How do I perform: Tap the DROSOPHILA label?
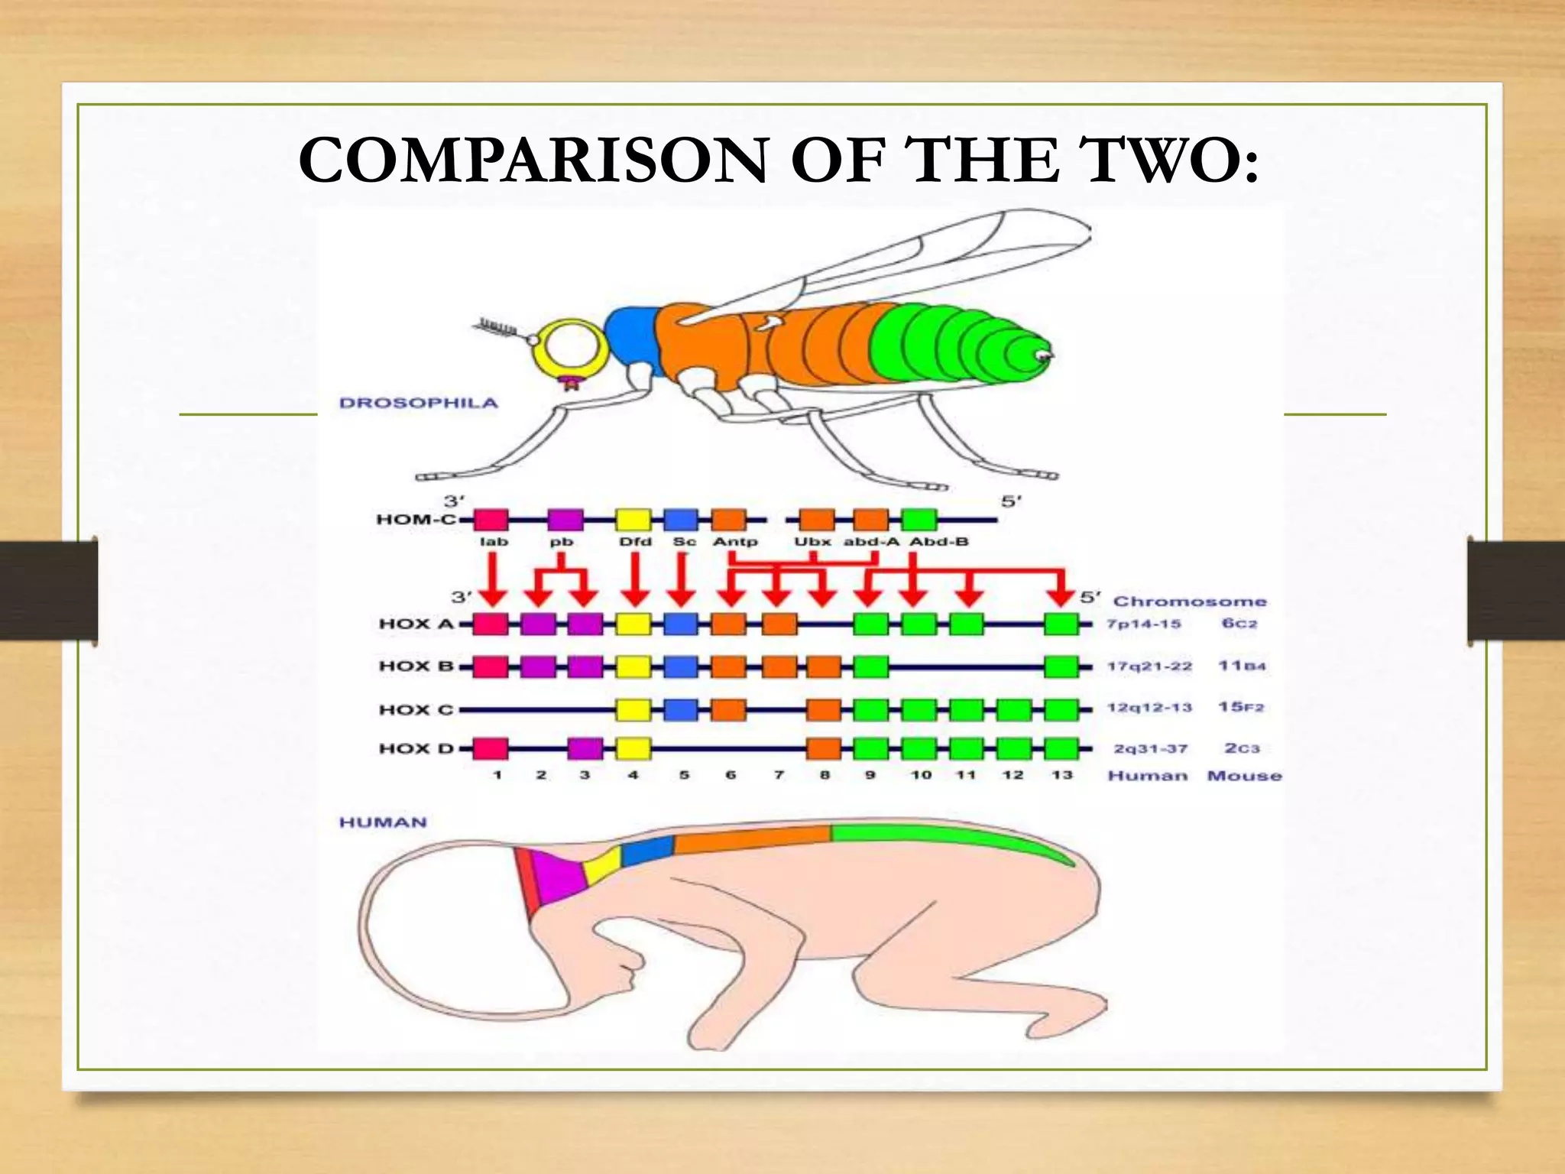(x=418, y=403)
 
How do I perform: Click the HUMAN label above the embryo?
(x=383, y=822)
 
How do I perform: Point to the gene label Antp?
(x=735, y=542)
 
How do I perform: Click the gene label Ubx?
(x=812, y=542)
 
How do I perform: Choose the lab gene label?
(x=494, y=542)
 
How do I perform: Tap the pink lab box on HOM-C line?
(x=491, y=520)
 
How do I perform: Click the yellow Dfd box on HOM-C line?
(x=633, y=520)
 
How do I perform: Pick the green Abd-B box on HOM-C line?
(x=919, y=520)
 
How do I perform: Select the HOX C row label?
(x=416, y=709)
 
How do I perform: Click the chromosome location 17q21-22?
(x=1149, y=666)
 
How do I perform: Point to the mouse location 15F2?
(x=1241, y=707)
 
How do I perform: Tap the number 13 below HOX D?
(x=1061, y=775)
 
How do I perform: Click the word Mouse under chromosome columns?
(x=1244, y=776)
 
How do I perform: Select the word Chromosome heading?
(x=1189, y=602)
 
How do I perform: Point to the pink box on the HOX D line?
(x=491, y=748)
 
